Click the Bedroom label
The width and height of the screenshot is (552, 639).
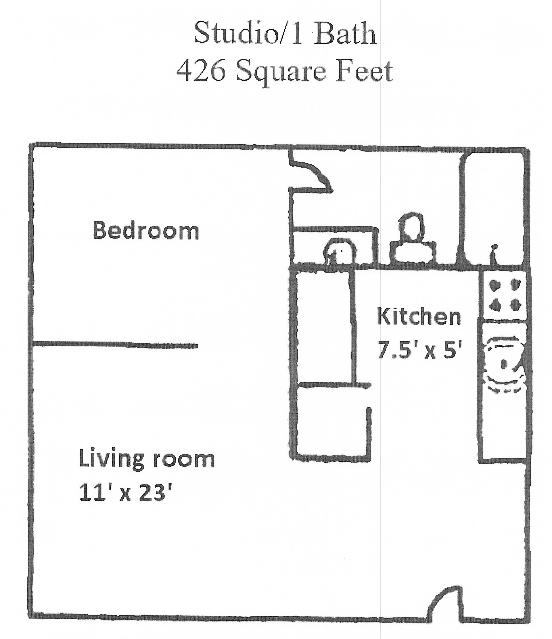tap(146, 231)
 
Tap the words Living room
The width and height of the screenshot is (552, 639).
tap(146, 459)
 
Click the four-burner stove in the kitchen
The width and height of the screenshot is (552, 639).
tap(504, 295)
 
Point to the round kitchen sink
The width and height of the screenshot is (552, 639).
tap(503, 364)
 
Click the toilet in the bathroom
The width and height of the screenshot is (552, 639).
tap(413, 241)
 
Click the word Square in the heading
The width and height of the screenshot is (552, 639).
tap(281, 72)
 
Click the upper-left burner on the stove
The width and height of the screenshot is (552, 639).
tap(494, 285)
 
